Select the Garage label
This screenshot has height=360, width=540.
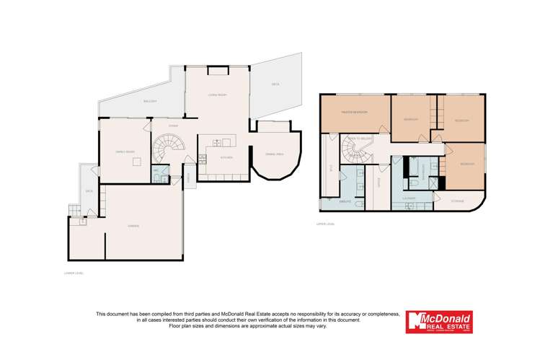click(x=134, y=227)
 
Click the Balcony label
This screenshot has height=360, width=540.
click(x=150, y=101)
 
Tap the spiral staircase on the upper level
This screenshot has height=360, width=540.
click(x=354, y=152)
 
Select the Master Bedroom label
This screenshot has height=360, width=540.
click(x=355, y=112)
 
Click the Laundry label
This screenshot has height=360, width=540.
click(x=409, y=196)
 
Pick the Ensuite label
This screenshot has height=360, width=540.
click(x=344, y=202)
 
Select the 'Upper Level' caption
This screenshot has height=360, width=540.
click(x=326, y=224)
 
